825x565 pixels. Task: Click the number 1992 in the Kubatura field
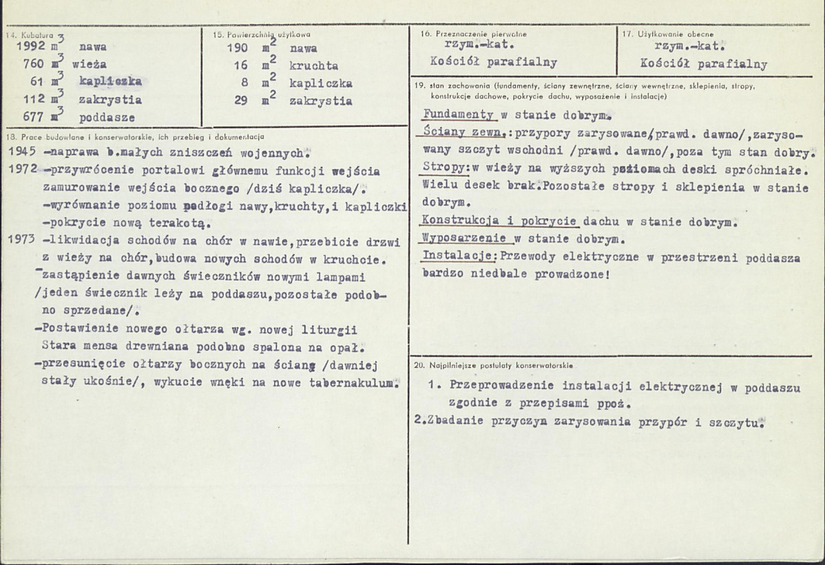(28, 48)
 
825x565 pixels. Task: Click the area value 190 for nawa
(238, 48)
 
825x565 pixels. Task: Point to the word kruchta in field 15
(314, 65)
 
